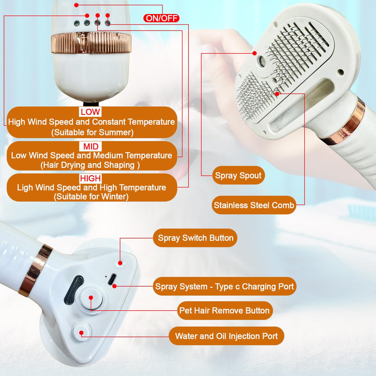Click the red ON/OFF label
point(161,18)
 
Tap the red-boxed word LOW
point(90,112)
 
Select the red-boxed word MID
point(89,146)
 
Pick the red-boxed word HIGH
point(90,179)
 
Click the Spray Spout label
point(238,176)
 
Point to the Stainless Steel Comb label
point(254,205)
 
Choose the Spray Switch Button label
point(195,238)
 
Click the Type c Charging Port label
point(225,286)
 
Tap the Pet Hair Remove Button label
point(225,311)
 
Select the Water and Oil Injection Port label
point(227,336)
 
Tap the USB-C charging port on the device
point(112,281)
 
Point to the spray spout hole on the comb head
point(261,61)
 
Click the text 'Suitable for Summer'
point(92,133)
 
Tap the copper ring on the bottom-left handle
point(35,270)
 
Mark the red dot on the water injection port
point(82,332)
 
